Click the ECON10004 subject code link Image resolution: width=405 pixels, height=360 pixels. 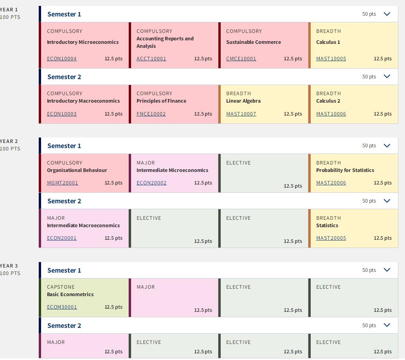pyautogui.click(x=62, y=59)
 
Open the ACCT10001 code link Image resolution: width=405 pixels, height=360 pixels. pyautogui.click(x=151, y=59)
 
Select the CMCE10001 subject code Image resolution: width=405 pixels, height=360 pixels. pyautogui.click(x=241, y=59)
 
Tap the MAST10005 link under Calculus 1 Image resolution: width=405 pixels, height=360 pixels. pyautogui.click(x=331, y=59)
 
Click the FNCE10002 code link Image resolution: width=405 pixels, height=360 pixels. pyautogui.click(x=151, y=114)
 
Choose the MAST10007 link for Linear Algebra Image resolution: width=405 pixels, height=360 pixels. pyautogui.click(x=241, y=114)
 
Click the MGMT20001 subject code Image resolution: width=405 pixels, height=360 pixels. pyautogui.click(x=63, y=183)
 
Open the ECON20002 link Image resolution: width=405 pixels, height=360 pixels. pyautogui.click(x=151, y=183)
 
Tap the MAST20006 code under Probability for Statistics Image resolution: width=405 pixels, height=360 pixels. pyautogui.click(x=331, y=183)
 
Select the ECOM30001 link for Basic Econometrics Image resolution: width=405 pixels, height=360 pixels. pyautogui.click(x=62, y=307)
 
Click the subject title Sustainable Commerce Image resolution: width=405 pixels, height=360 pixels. pyautogui.click(x=254, y=42)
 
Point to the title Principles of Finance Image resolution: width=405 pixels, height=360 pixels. pyautogui.click(x=162, y=101)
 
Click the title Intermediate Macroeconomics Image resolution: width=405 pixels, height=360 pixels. pyautogui.click(x=83, y=226)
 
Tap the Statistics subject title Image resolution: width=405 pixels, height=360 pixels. pyautogui.click(x=327, y=226)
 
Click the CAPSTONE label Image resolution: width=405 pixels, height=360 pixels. pyautogui.click(x=61, y=287)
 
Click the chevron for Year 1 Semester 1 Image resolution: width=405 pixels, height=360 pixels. pyautogui.click(x=387, y=14)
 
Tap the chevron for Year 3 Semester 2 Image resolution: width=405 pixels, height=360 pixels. pyautogui.click(x=387, y=325)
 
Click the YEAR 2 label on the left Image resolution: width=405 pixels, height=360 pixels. pyautogui.click(x=9, y=141)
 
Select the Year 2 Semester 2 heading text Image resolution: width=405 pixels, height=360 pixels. pyautogui.click(x=64, y=201)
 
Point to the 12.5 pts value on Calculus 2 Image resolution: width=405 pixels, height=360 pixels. pyautogui.click(x=383, y=114)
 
